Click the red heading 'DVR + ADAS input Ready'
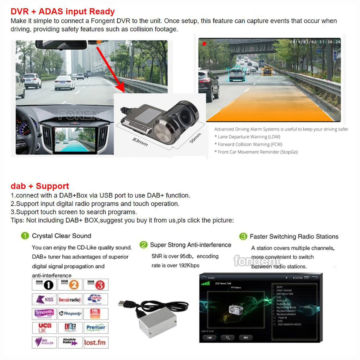62,11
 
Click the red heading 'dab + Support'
40,186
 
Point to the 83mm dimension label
140,142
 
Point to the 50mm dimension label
195,138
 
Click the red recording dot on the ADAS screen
204,44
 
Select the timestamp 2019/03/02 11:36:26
315,42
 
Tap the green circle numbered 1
25,236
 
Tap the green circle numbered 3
243,236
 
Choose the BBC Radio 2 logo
70,284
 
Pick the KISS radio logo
44,299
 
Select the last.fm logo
95,342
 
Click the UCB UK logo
44,328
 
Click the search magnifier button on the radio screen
228,338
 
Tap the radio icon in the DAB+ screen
235,309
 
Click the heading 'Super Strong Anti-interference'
190,245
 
